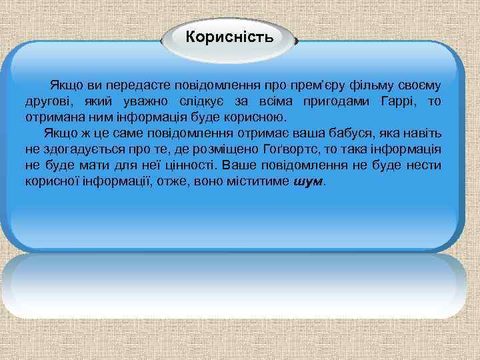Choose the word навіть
(x=426, y=133)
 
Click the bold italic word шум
(x=307, y=181)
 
